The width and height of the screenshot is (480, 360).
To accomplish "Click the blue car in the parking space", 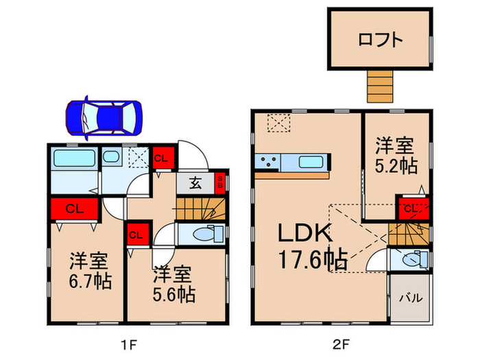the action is [x=104, y=118].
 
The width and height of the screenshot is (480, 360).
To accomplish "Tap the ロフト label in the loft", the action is [x=380, y=40].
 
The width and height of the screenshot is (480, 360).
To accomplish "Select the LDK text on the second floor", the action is [x=304, y=233].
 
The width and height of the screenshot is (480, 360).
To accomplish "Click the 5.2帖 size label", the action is [x=396, y=166].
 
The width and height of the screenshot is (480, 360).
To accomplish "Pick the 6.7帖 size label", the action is [x=90, y=281].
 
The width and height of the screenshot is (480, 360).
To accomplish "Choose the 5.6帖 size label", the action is [x=174, y=294].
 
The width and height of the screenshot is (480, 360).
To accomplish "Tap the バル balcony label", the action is [x=411, y=298].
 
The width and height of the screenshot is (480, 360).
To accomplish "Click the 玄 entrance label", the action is [x=195, y=183].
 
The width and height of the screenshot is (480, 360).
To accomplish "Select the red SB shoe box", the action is [x=220, y=183].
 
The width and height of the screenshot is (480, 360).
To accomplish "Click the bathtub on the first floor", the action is [x=74, y=158].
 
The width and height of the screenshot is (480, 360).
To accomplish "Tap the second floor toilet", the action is [x=415, y=260].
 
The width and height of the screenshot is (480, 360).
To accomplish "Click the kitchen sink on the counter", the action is [x=311, y=162].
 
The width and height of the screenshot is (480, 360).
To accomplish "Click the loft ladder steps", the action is [x=380, y=86].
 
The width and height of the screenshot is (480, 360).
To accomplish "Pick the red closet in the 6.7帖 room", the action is [x=74, y=208].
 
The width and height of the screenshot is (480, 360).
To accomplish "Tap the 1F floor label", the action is [x=128, y=345].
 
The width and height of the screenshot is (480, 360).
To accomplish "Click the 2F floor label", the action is [x=341, y=345].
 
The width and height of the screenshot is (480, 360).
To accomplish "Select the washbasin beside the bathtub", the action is [x=111, y=157].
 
